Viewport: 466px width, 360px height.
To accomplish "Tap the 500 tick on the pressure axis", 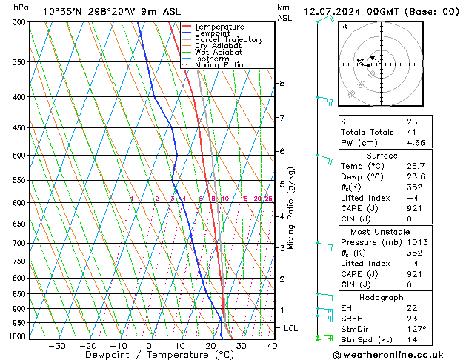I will (x=19, y=156).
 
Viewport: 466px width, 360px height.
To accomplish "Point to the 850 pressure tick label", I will (x=19, y=294).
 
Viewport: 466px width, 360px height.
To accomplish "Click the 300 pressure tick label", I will (x=19, y=22).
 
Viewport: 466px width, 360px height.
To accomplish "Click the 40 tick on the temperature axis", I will (x=272, y=346).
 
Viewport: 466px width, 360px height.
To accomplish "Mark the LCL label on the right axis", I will (x=291, y=327).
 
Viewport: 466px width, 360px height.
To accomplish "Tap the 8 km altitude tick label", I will (x=282, y=84).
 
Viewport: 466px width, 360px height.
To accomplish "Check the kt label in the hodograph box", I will (x=344, y=26).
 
